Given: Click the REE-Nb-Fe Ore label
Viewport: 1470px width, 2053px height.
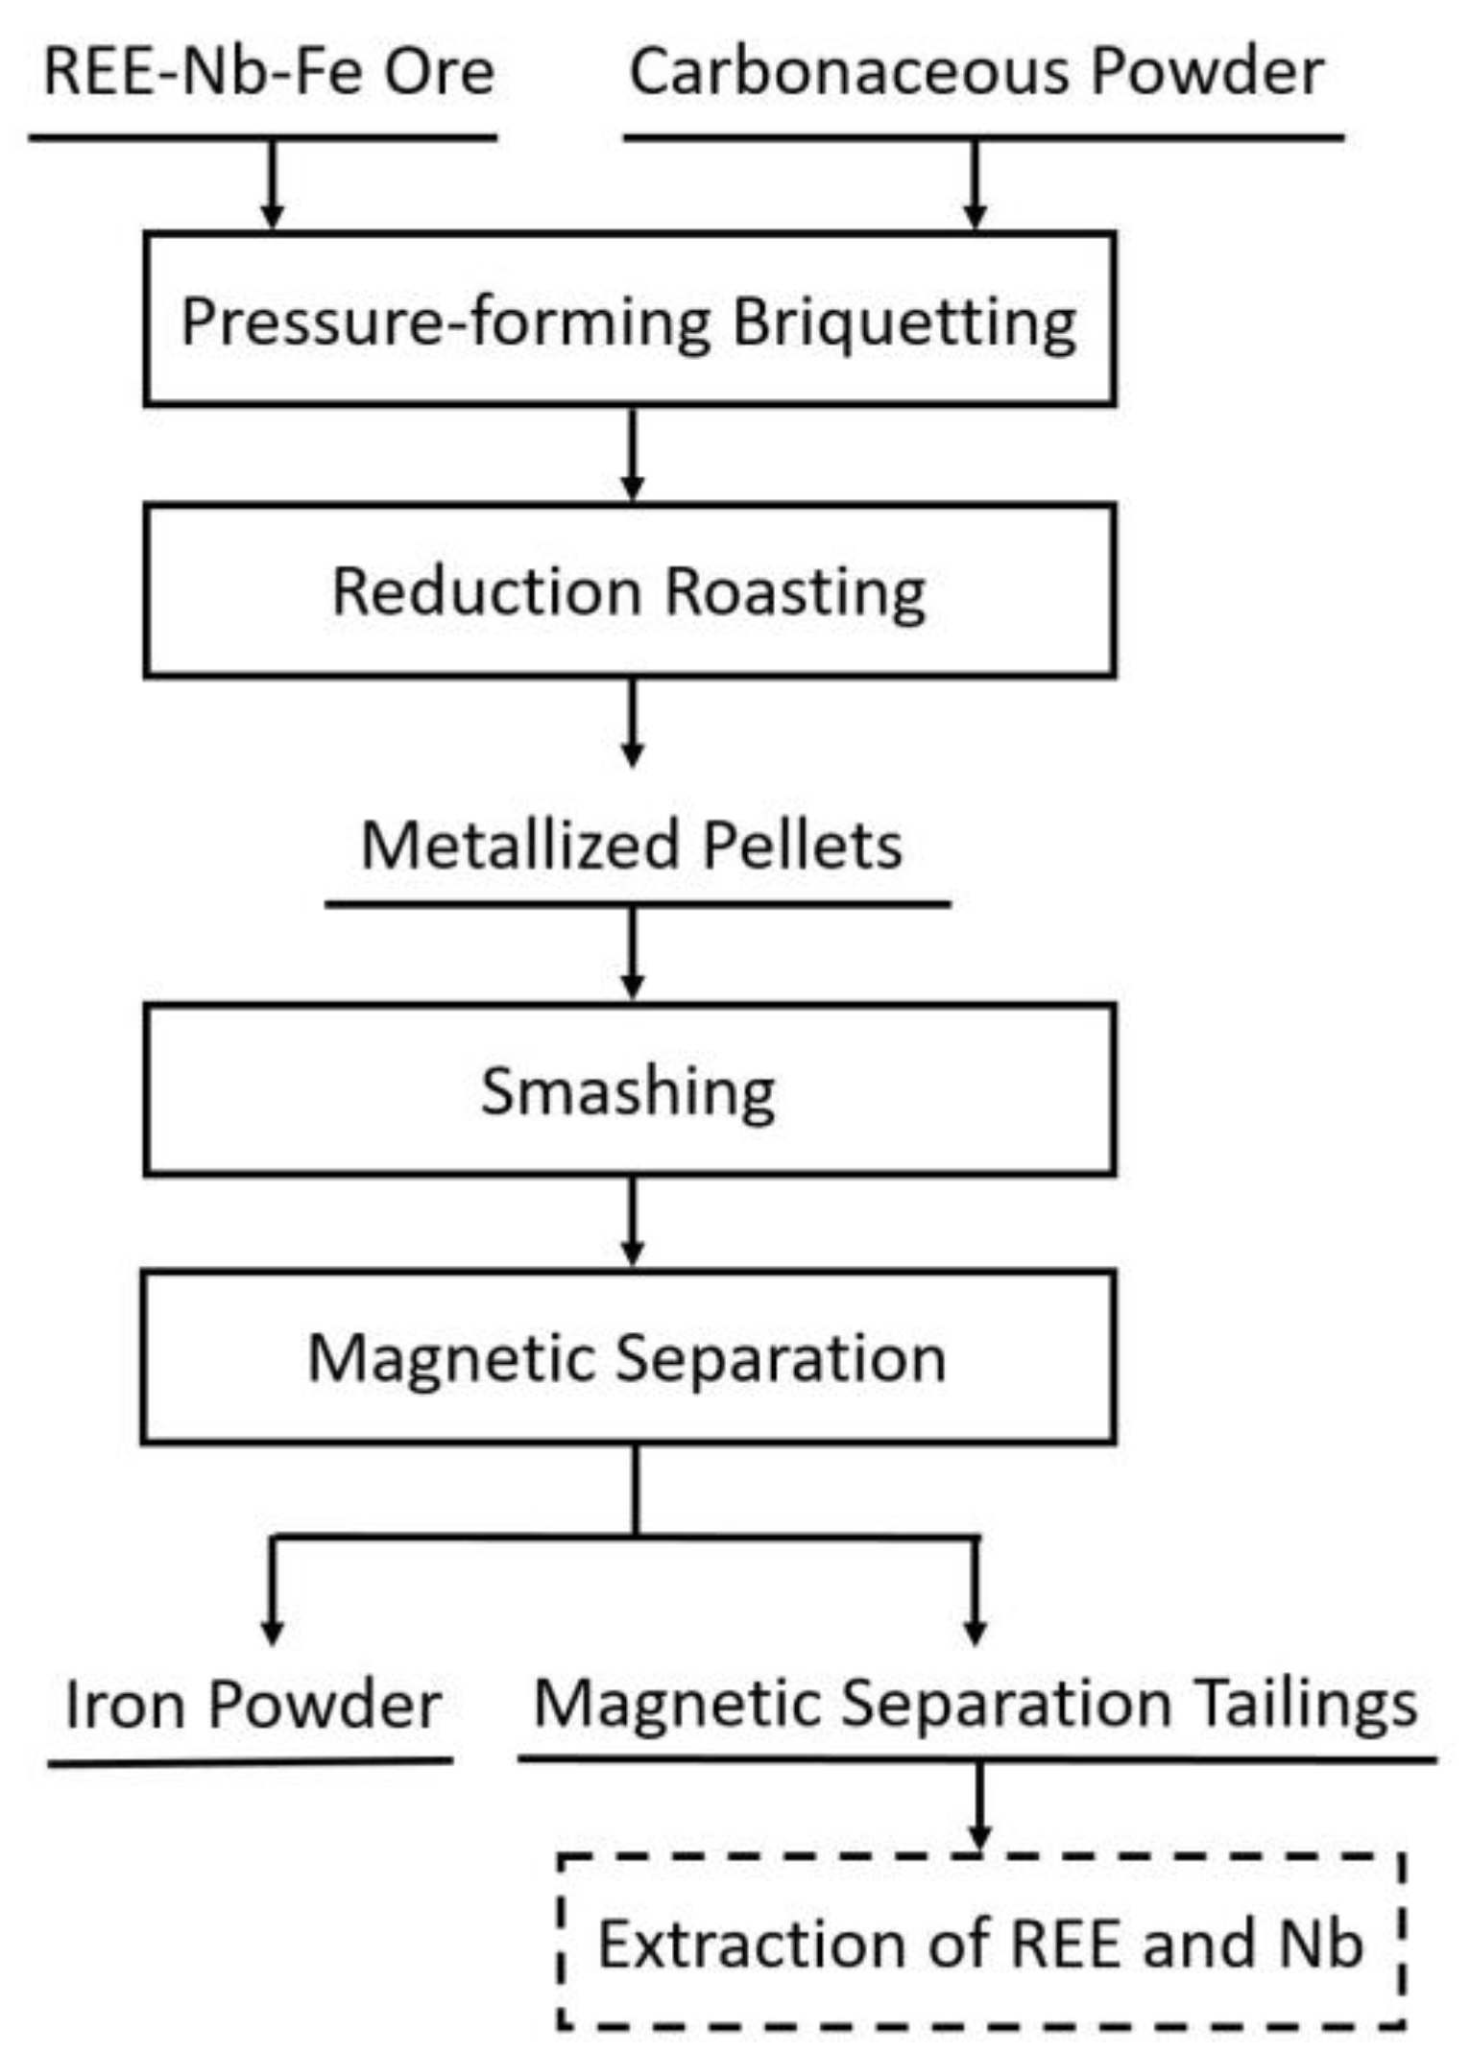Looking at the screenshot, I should point(269,72).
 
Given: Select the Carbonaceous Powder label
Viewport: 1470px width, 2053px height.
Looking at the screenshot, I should point(976,72).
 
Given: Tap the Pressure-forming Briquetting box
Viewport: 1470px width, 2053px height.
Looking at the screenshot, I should point(629,320).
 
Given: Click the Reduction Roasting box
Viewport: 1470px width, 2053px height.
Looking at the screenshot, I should point(629,590).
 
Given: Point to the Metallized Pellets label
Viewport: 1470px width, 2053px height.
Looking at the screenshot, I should point(631,845).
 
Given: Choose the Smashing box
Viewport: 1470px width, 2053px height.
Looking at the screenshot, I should point(629,1090).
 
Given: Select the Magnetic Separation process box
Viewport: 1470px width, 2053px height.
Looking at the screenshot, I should point(627,1357).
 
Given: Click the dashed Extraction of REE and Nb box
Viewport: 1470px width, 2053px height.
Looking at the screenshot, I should point(979,1943).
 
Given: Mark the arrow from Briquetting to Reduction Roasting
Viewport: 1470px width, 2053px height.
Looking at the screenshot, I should point(632,454).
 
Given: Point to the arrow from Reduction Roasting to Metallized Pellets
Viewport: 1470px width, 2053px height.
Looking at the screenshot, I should point(632,722).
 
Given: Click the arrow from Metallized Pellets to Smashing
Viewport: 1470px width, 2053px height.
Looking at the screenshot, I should point(632,953).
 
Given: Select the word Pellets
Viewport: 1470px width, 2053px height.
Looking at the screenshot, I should point(802,845).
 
